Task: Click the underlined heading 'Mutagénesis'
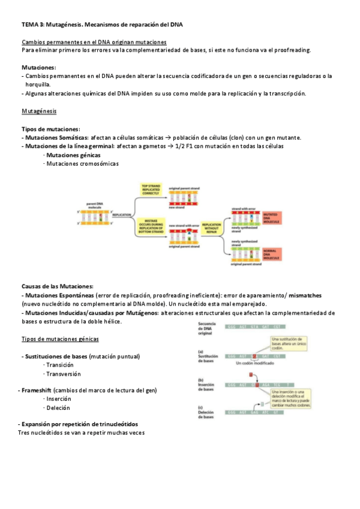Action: tap(40, 111)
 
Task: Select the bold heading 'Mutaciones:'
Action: tap(38, 67)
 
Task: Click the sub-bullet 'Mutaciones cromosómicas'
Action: tap(82, 163)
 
